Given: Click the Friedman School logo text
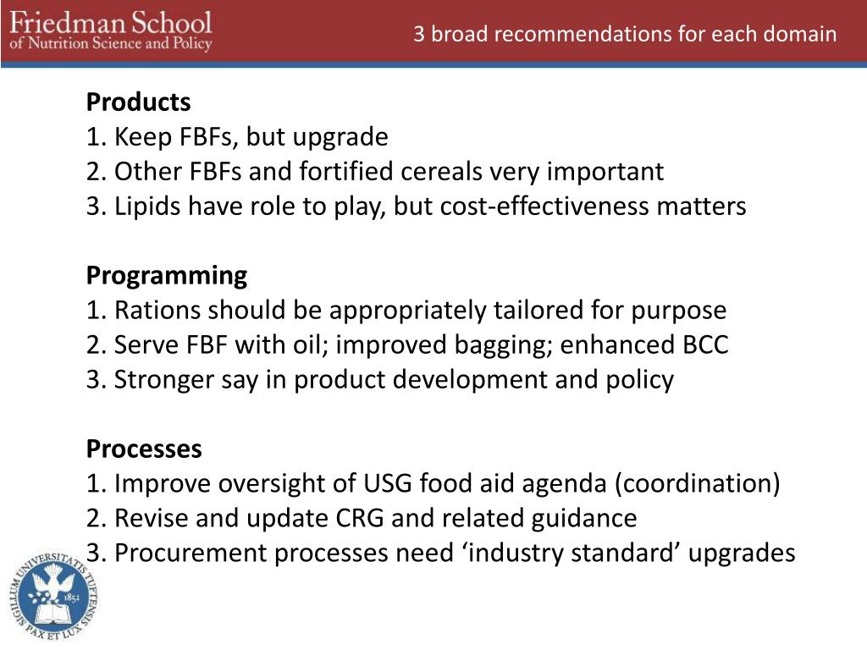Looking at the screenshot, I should [x=111, y=31].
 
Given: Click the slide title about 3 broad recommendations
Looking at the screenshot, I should [x=625, y=35].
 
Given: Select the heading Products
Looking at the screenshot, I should [x=138, y=102].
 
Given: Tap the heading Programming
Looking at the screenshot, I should [x=167, y=276].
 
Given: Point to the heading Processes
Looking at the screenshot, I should [x=144, y=449].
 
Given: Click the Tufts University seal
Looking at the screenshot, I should [x=52, y=597].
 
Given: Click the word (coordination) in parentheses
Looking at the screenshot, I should [x=697, y=484].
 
